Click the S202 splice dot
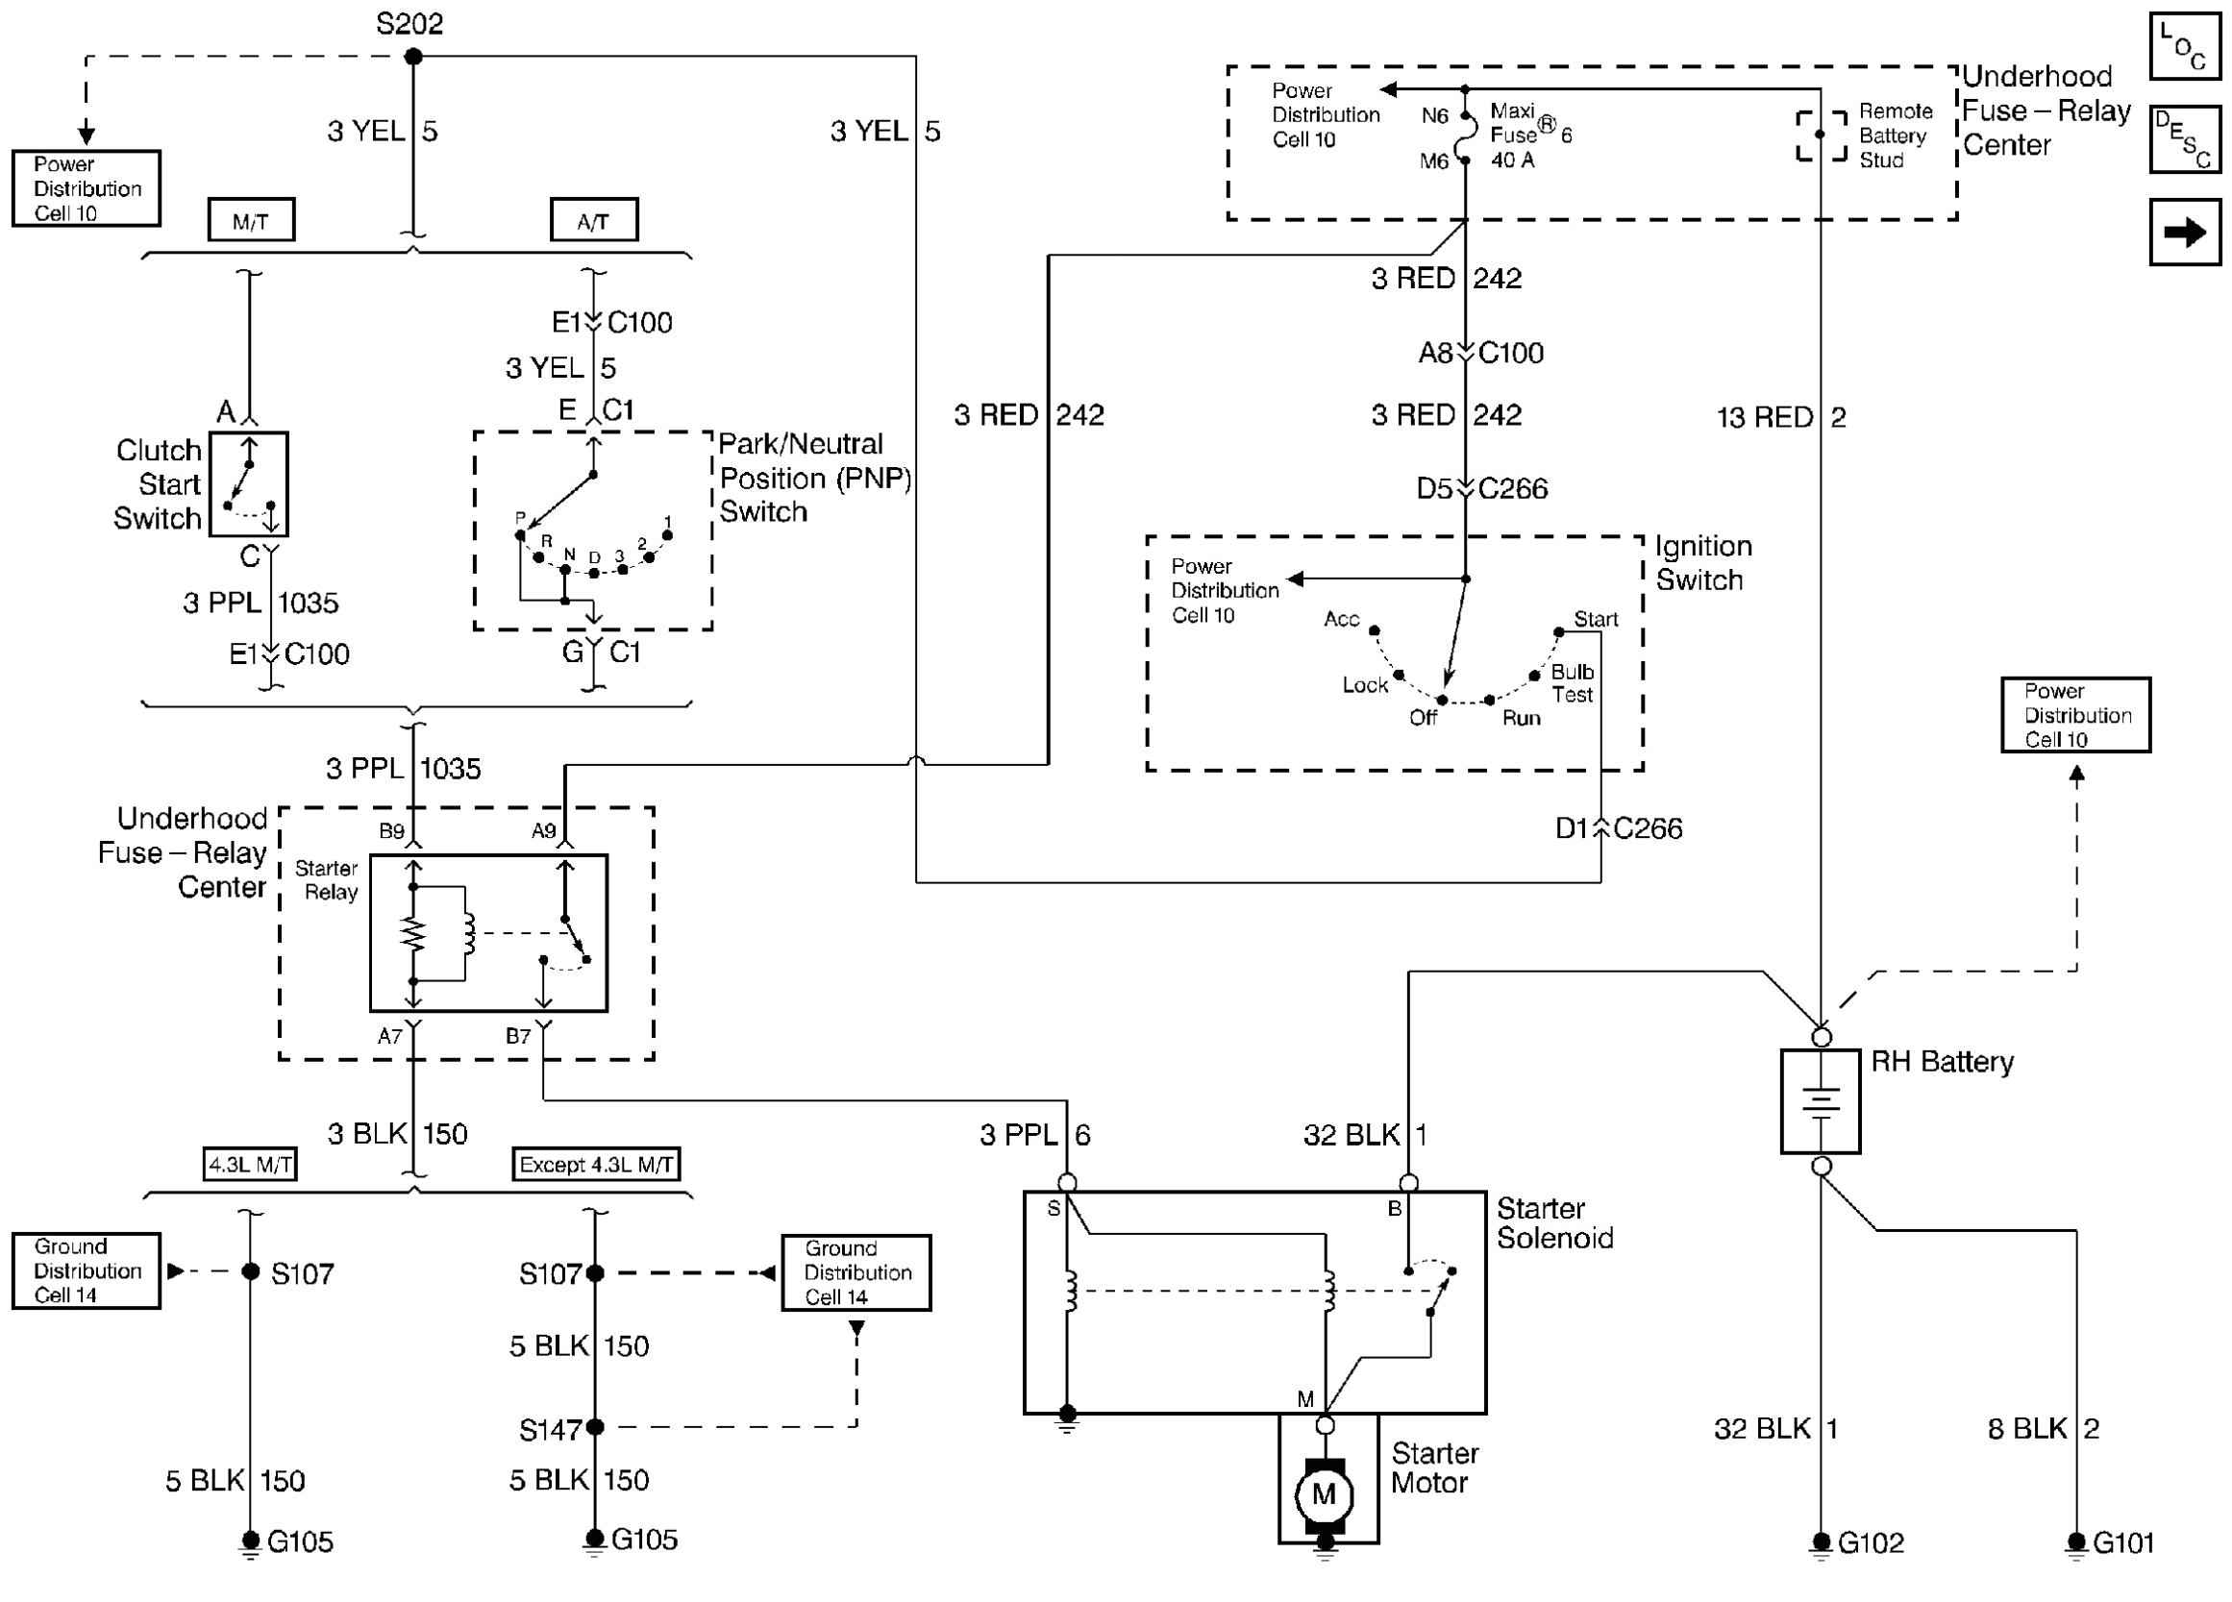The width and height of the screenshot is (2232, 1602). point(413,57)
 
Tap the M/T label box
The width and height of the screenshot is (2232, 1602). point(251,220)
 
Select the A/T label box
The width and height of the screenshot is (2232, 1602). point(593,220)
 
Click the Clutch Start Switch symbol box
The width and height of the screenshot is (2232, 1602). point(249,484)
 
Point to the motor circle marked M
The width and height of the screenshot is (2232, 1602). point(1324,1494)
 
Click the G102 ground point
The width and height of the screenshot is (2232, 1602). point(1821,1541)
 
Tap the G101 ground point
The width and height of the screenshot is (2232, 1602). point(2076,1541)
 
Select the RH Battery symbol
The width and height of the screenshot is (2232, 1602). point(1820,1101)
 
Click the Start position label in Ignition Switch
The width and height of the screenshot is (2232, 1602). point(1596,619)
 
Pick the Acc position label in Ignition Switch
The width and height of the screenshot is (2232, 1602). point(1341,619)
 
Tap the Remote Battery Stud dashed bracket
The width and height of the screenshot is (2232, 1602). point(1821,135)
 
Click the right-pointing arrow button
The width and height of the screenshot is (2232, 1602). point(2185,233)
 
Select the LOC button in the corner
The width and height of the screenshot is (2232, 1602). point(2185,45)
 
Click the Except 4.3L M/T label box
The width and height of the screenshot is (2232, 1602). point(595,1165)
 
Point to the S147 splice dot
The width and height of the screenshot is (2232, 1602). point(594,1427)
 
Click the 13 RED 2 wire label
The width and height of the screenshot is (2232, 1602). point(1780,417)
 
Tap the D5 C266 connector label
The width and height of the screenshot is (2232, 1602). point(1481,489)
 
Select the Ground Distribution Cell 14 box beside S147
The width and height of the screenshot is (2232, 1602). point(856,1273)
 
